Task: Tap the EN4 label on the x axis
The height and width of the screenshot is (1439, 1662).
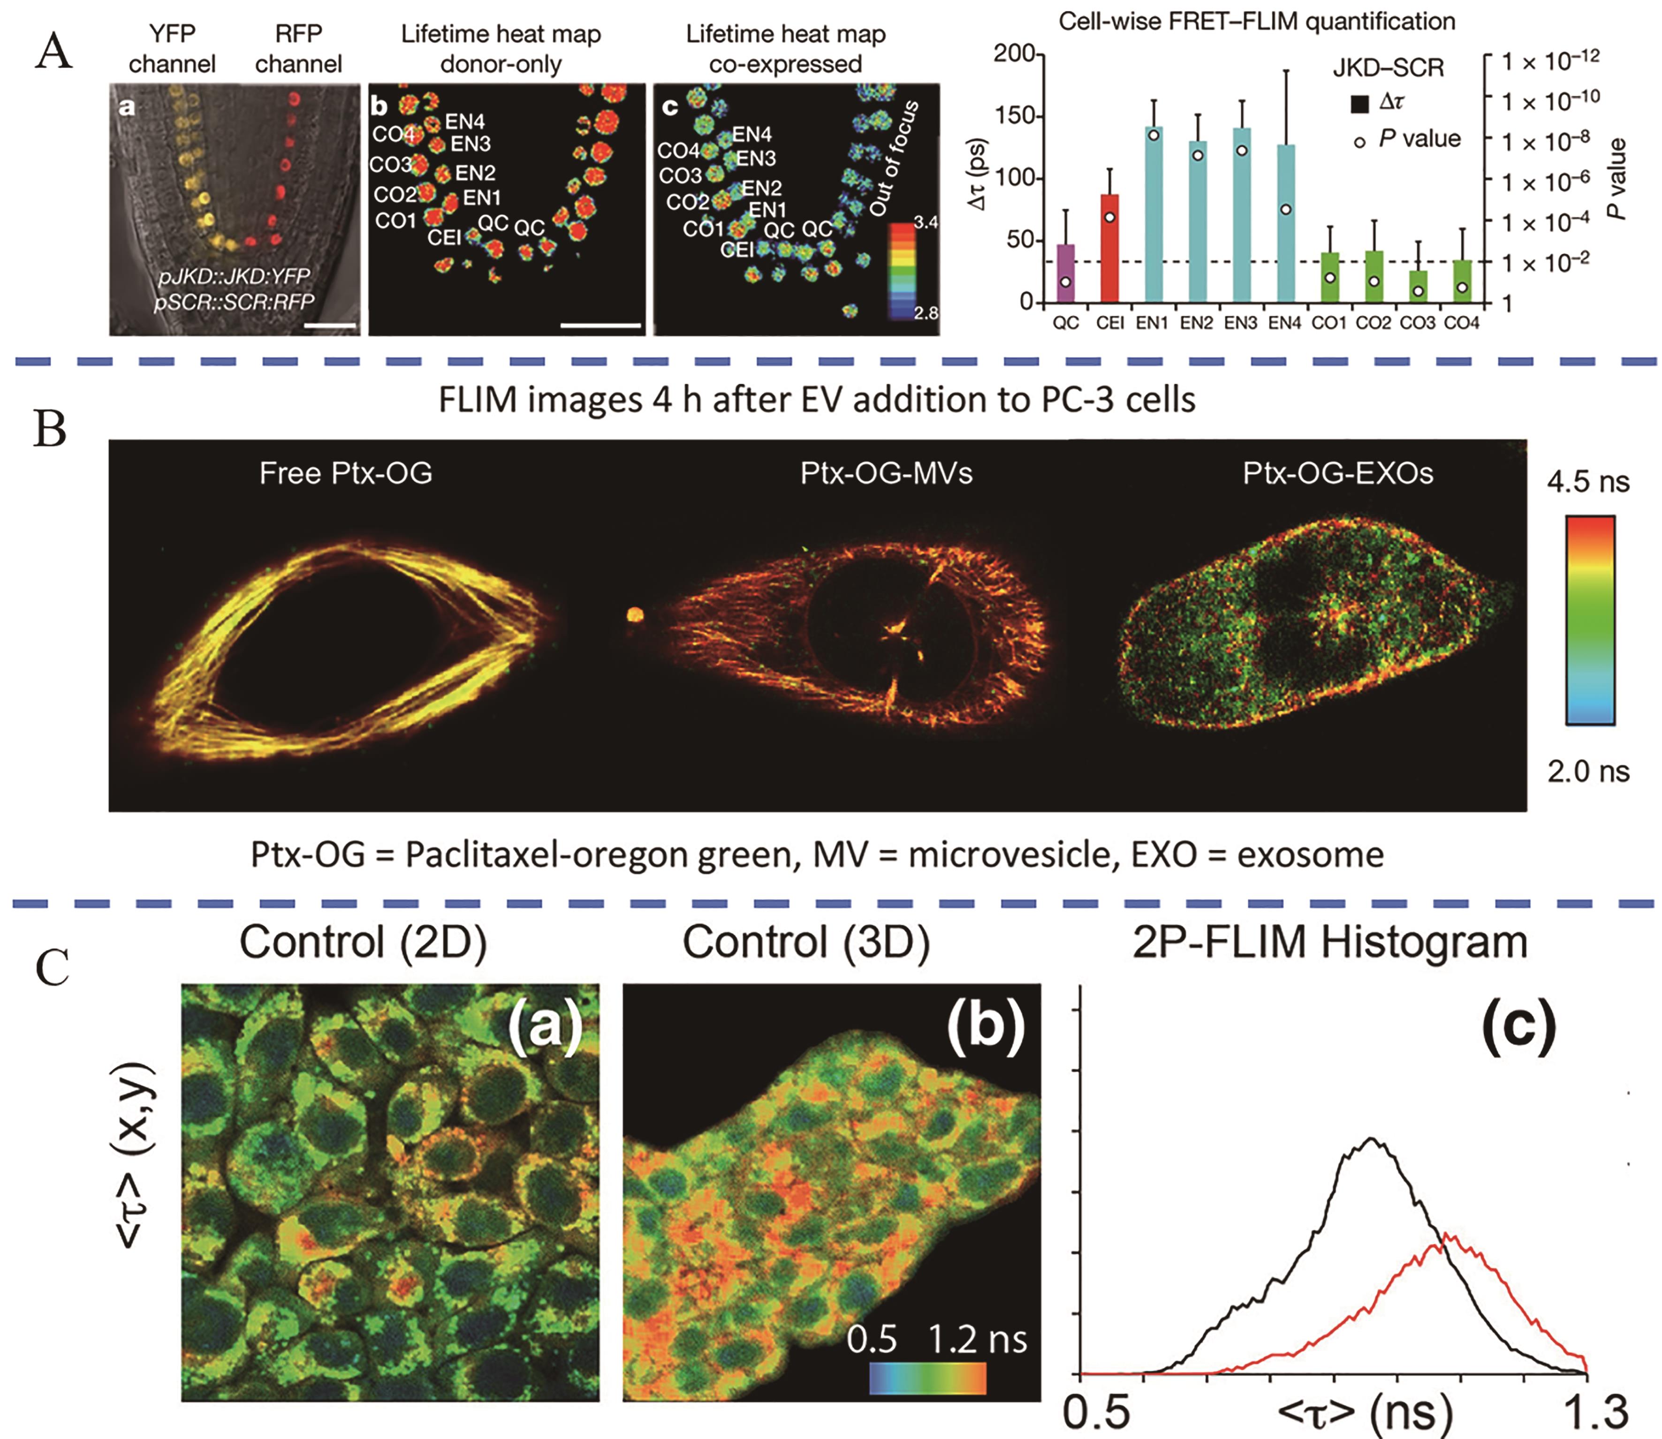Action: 1285,323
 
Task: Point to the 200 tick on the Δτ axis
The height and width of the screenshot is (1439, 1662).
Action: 1013,54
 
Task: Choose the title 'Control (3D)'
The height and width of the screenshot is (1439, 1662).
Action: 805,942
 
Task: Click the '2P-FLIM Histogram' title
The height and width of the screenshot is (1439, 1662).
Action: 1329,942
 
